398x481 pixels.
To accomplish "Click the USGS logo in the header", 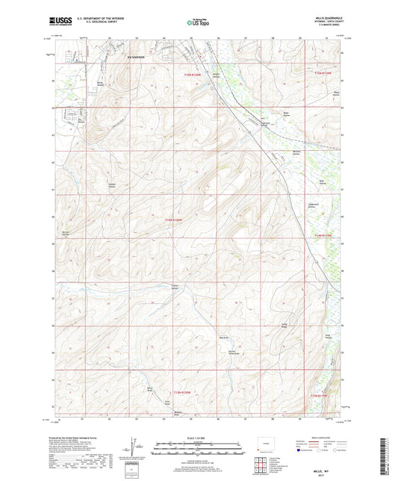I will click(x=59, y=22).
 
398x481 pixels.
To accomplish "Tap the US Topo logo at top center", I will click(x=198, y=23).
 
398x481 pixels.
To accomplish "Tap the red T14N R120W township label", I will click(x=173, y=219).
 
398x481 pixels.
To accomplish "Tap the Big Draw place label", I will click(x=223, y=338).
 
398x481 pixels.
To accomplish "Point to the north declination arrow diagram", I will click(x=139, y=447).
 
